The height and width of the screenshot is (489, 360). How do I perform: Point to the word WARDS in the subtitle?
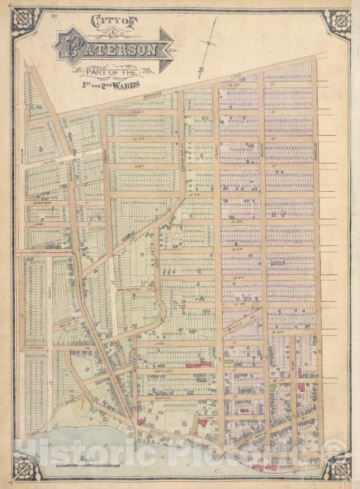(x=126, y=84)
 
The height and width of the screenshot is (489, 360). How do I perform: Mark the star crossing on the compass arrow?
(x=208, y=44)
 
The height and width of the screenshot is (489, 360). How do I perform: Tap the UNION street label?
(x=40, y=252)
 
